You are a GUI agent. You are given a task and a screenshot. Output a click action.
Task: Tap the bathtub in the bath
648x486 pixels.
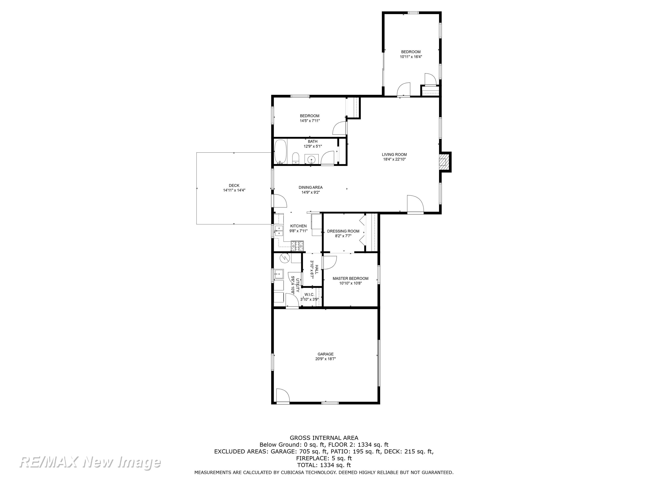pyautogui.click(x=281, y=151)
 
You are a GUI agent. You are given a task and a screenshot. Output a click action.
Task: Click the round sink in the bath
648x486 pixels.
pyautogui.click(x=311, y=160)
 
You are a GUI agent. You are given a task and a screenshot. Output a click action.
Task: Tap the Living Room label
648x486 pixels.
pyautogui.click(x=394, y=154)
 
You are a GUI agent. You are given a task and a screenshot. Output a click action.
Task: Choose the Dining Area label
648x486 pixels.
pyautogui.click(x=310, y=188)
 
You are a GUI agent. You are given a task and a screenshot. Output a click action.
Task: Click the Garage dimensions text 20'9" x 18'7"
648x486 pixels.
pyautogui.click(x=325, y=359)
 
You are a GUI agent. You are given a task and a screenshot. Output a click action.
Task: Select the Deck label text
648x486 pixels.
pyautogui.click(x=234, y=185)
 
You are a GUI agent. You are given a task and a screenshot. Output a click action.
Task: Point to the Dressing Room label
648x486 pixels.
pyautogui.click(x=343, y=231)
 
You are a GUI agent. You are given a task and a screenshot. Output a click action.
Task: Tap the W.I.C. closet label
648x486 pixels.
pyautogui.click(x=309, y=294)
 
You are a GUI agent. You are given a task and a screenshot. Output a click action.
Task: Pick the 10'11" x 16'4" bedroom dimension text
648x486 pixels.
pyautogui.click(x=411, y=57)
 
